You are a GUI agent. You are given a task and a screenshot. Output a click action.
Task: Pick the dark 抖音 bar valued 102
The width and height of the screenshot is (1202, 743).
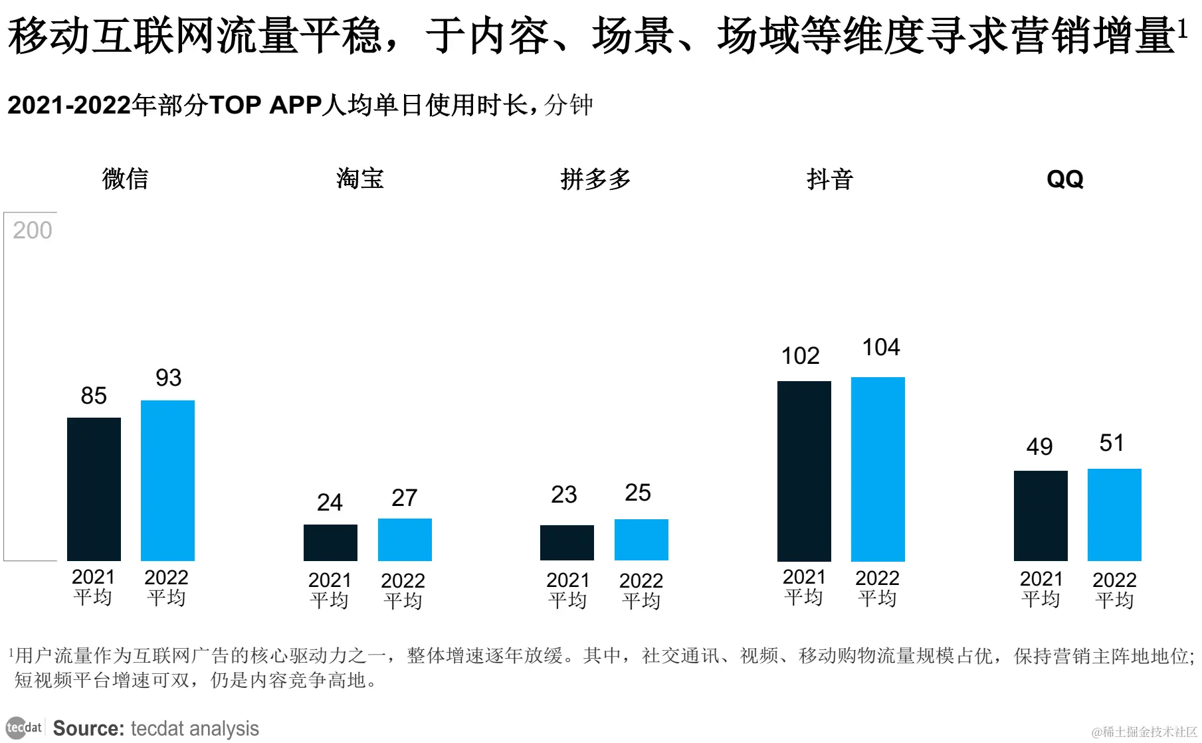point(804,471)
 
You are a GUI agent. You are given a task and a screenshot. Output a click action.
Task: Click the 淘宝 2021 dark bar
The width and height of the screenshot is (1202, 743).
point(330,542)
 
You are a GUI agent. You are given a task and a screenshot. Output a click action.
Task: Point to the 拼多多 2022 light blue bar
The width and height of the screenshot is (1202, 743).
point(641,540)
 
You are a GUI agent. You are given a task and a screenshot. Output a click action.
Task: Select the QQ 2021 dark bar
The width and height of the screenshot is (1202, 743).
point(1041,515)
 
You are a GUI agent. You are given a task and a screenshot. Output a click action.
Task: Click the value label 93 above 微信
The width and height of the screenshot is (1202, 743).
point(168,378)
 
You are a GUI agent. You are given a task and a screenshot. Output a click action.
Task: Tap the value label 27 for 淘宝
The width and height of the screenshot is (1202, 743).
point(404,498)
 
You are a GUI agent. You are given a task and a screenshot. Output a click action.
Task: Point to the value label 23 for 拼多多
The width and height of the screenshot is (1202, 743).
point(563,495)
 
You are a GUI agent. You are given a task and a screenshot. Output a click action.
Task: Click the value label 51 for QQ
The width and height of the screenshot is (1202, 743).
point(1112,443)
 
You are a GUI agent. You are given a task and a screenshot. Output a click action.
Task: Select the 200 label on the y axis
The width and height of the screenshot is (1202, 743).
point(32,230)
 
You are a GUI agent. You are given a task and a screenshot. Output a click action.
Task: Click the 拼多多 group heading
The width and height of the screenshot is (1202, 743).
point(595,179)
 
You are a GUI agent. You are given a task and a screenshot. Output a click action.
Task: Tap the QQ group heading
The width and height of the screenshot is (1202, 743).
point(1064,179)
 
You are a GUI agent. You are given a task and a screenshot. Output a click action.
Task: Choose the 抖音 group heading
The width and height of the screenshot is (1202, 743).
point(829,179)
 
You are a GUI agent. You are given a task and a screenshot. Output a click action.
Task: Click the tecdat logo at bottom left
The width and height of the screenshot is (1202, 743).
point(24,728)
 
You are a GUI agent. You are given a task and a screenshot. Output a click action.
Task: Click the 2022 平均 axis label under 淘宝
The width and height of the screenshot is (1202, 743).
point(403,590)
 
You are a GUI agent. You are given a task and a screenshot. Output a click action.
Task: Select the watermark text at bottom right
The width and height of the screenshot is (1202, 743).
point(1144,732)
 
